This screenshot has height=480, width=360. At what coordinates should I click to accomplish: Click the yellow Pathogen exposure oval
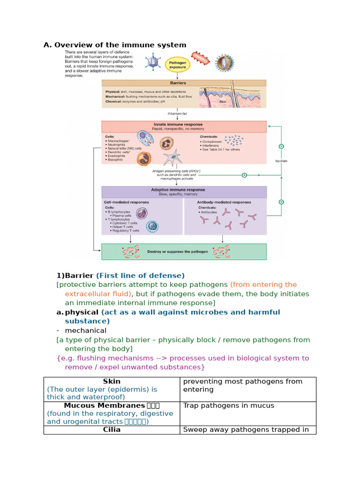(x=178, y=64)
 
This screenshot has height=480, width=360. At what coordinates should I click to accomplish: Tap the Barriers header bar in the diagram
(x=184, y=83)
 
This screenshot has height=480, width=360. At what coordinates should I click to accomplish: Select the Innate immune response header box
(x=184, y=127)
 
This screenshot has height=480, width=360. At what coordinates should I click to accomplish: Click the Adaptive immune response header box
(x=184, y=192)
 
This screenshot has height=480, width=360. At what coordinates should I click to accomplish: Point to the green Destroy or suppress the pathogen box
(x=184, y=252)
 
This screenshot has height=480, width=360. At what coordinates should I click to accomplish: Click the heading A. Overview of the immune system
(x=115, y=45)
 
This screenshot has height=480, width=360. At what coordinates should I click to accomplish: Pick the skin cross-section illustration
(x=232, y=97)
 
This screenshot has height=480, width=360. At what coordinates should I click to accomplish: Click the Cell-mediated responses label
(x=127, y=202)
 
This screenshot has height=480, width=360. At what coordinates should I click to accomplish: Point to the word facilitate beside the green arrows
(x=281, y=161)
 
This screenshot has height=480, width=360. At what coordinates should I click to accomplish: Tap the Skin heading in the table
(x=112, y=382)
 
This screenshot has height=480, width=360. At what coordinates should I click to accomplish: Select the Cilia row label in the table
(x=112, y=429)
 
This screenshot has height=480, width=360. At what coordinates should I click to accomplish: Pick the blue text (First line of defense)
(x=140, y=276)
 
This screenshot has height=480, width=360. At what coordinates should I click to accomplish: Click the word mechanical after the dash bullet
(x=86, y=330)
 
